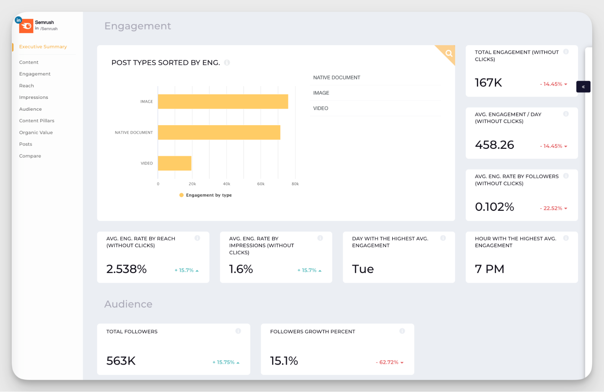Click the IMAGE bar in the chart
(223, 102)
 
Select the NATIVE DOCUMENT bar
(219, 132)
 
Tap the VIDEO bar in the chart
(174, 163)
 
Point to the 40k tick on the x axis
(226, 184)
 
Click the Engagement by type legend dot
(181, 195)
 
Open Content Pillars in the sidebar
(37, 121)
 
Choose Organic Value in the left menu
(36, 132)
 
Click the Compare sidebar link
(30, 156)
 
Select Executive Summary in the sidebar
(43, 47)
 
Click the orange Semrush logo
(26, 26)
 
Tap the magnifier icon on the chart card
(449, 54)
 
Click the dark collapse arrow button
(583, 87)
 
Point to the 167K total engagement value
(488, 83)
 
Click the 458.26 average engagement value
(494, 145)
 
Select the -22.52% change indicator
(553, 208)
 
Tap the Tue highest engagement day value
(363, 269)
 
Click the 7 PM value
(489, 269)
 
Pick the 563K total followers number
(121, 361)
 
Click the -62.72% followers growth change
(389, 362)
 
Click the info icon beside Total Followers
(238, 331)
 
